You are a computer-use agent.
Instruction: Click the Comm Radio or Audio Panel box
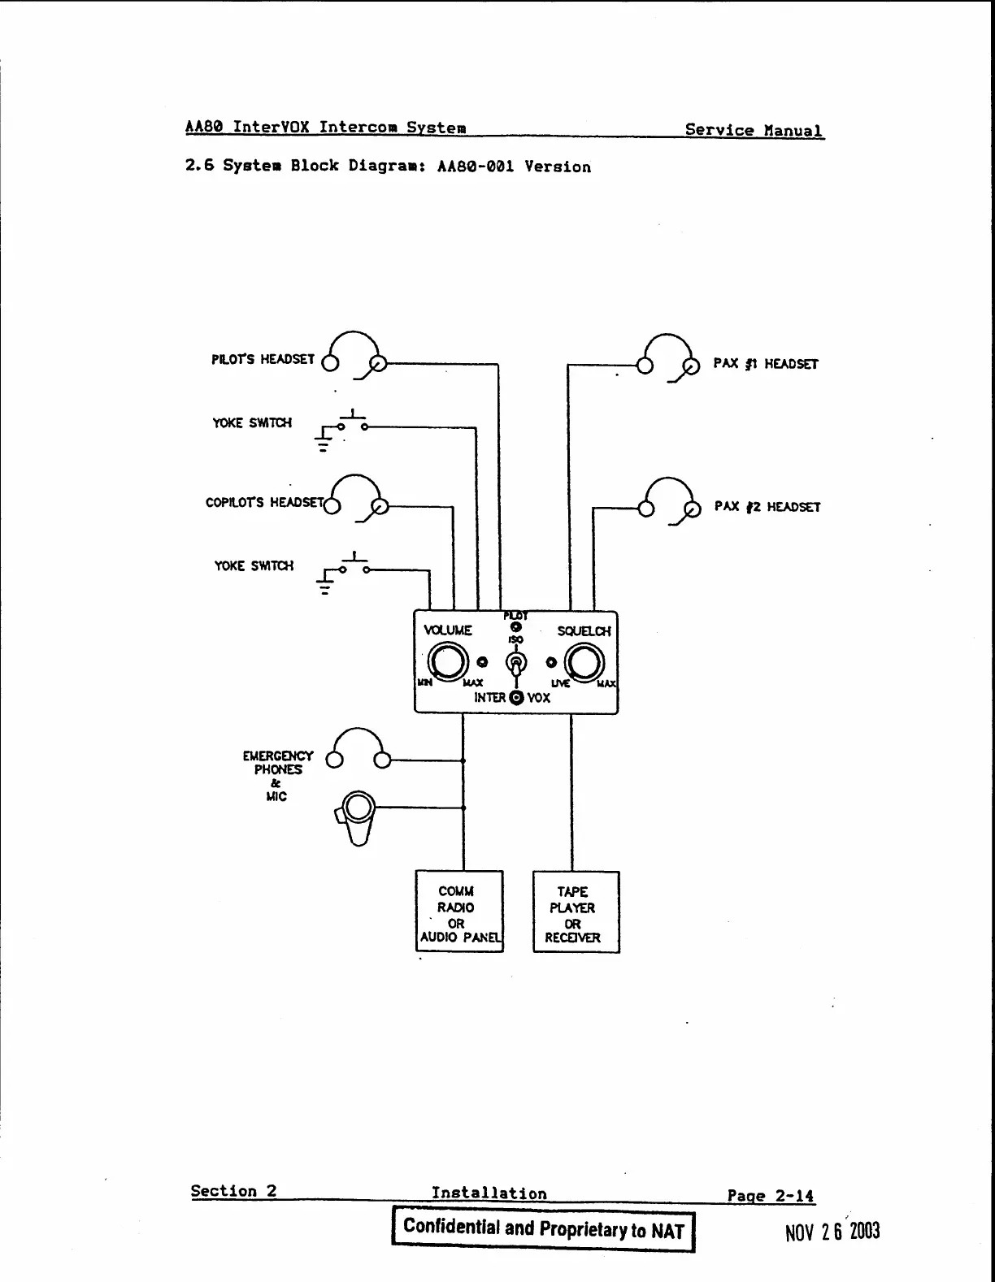pyautogui.click(x=459, y=911)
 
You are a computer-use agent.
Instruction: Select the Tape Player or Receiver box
pyautogui.click(x=576, y=912)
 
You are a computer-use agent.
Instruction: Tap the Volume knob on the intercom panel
pyautogui.click(x=449, y=662)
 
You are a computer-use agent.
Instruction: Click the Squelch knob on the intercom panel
pyautogui.click(x=584, y=663)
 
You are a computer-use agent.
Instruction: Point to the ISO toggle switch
pyautogui.click(x=515, y=664)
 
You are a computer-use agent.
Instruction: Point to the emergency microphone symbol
pyautogui.click(x=357, y=815)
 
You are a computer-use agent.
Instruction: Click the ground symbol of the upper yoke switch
pyautogui.click(x=324, y=442)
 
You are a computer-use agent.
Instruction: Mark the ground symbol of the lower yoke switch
pyautogui.click(x=325, y=585)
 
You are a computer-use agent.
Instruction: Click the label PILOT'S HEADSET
pyautogui.click(x=263, y=359)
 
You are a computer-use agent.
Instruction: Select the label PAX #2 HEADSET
pyautogui.click(x=767, y=507)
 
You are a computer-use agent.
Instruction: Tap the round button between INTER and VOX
pyautogui.click(x=516, y=698)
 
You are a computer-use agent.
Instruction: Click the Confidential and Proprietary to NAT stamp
pyautogui.click(x=543, y=1228)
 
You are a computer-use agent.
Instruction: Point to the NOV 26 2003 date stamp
pyautogui.click(x=832, y=1232)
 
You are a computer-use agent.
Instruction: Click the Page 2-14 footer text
pyautogui.click(x=770, y=1196)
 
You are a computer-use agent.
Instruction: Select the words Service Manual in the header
pyautogui.click(x=753, y=130)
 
